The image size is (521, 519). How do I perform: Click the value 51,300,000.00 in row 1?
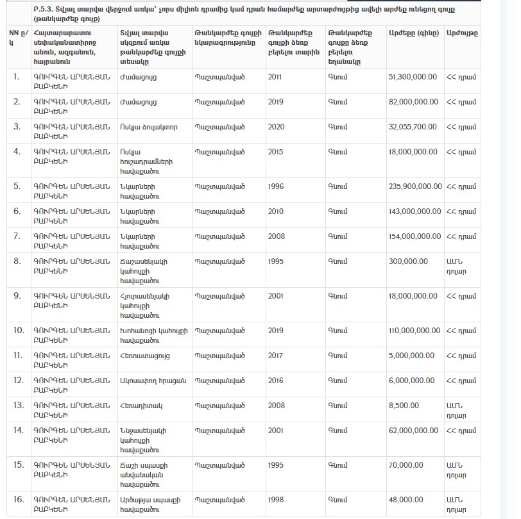[x=413, y=77]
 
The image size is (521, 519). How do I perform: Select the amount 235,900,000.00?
[x=415, y=186]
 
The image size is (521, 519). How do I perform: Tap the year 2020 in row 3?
[x=276, y=127]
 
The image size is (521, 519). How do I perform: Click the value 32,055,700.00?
[x=413, y=127]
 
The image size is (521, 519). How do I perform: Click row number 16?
[x=17, y=500]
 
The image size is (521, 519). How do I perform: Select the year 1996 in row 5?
[x=276, y=186]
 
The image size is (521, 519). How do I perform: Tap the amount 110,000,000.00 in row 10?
[x=415, y=331]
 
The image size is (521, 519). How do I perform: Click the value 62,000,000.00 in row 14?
[x=413, y=431]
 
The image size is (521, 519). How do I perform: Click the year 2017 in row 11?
[x=276, y=355]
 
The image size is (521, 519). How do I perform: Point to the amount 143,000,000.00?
[x=415, y=211]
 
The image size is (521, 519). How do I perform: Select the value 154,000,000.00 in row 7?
[x=415, y=236]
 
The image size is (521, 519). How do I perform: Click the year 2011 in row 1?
[x=276, y=77]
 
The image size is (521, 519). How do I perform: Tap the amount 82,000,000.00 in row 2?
[x=413, y=102]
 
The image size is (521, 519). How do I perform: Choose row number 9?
[x=17, y=296]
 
